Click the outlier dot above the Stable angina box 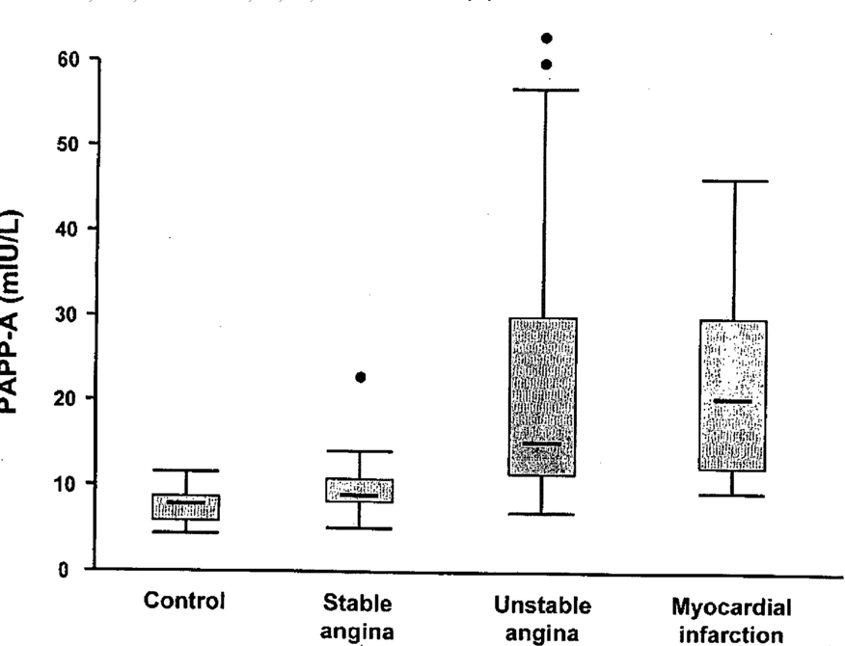point(360,377)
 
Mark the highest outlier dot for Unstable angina point(546,39)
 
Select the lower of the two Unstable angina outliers point(546,65)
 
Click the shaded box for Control point(186,507)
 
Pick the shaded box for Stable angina point(360,490)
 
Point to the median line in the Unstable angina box point(542,444)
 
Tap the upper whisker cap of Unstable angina point(543,90)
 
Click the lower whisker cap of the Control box point(186,531)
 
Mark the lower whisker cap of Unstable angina point(542,514)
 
